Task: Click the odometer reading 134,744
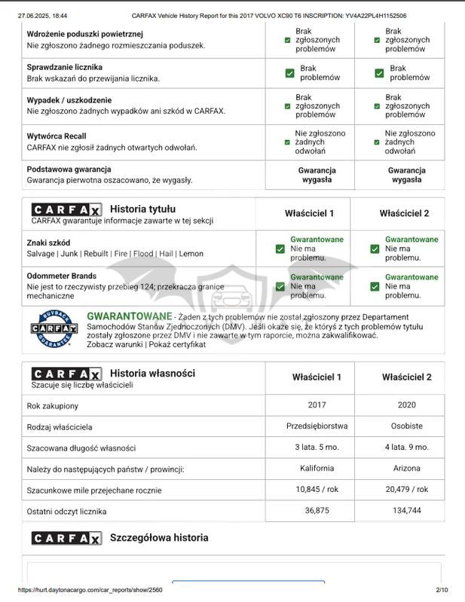point(407,511)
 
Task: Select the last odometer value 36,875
point(317,511)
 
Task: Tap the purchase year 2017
point(317,405)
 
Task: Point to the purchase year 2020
point(407,405)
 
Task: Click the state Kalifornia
point(317,468)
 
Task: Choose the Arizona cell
point(407,468)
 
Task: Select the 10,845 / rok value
point(317,489)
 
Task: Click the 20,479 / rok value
point(407,489)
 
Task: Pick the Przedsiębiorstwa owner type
point(317,426)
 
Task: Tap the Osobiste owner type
point(407,426)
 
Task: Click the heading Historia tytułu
point(142,209)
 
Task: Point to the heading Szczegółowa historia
point(159,538)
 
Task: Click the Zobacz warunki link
point(114,344)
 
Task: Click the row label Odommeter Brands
point(62,277)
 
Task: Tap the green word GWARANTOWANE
point(130,316)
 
